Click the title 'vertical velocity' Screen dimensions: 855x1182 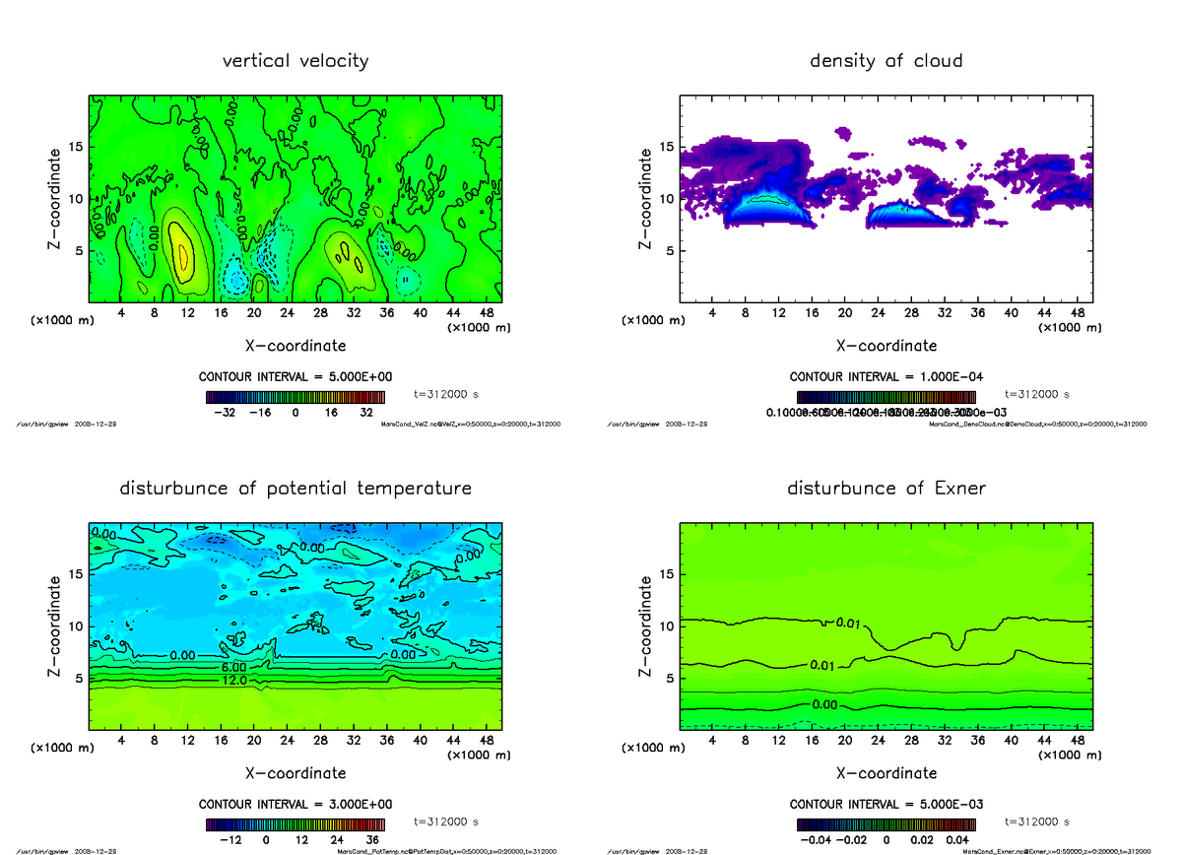tap(295, 61)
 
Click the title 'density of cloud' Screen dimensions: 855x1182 tap(886, 61)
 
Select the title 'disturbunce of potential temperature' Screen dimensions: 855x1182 tap(295, 489)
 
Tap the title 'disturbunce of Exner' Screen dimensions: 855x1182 tap(886, 489)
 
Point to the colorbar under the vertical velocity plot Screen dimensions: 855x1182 tap(295, 397)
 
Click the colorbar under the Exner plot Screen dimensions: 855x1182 tap(886, 824)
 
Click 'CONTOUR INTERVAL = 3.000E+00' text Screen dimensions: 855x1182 tap(295, 804)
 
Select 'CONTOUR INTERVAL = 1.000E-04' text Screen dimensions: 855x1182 tap(886, 377)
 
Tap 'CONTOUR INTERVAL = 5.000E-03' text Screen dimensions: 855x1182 tap(886, 804)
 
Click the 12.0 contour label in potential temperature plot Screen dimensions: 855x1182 tap(234, 681)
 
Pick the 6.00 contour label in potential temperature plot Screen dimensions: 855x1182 tap(234, 667)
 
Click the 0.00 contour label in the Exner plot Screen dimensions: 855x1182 tap(825, 705)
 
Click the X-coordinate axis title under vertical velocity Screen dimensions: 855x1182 tap(295, 346)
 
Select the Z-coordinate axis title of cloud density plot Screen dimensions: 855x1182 tap(646, 197)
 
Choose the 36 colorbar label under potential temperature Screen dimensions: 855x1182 tap(374, 840)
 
